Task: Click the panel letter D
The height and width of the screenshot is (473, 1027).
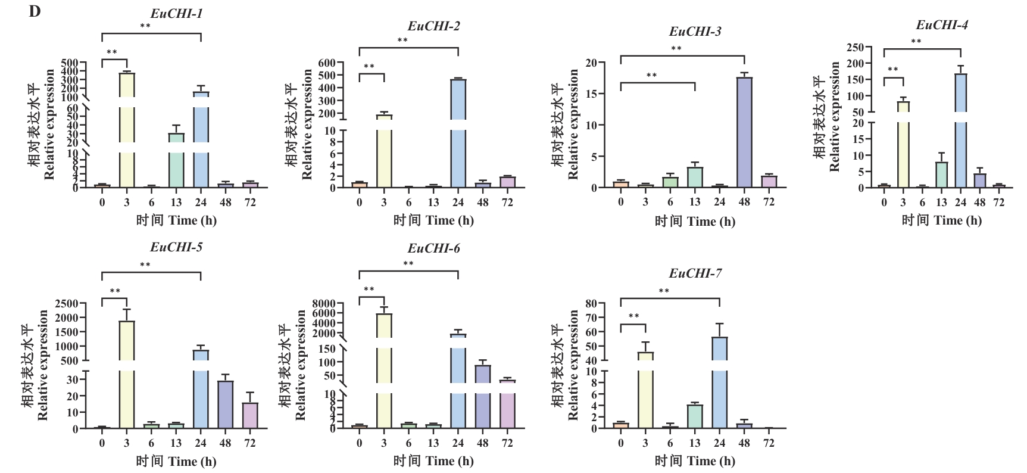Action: click(x=35, y=11)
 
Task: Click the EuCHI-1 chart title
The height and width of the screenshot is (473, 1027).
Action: click(x=176, y=13)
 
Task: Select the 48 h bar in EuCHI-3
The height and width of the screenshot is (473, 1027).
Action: click(x=744, y=132)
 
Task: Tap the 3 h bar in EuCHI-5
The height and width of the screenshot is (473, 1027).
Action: click(x=127, y=375)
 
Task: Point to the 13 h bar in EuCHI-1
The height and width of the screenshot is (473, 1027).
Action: click(x=176, y=161)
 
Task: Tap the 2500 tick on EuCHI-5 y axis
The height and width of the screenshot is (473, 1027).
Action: click(x=67, y=303)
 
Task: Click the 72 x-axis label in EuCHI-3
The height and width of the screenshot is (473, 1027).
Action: click(x=769, y=202)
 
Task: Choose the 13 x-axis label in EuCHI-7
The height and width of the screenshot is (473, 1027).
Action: click(x=695, y=443)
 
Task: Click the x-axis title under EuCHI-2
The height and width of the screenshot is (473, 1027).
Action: click(x=433, y=220)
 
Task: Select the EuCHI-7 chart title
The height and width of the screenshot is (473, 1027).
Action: click(x=695, y=273)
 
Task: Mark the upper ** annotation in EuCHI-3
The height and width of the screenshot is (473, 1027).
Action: click(x=676, y=49)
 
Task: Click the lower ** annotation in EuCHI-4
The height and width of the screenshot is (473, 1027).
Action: click(x=892, y=70)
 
